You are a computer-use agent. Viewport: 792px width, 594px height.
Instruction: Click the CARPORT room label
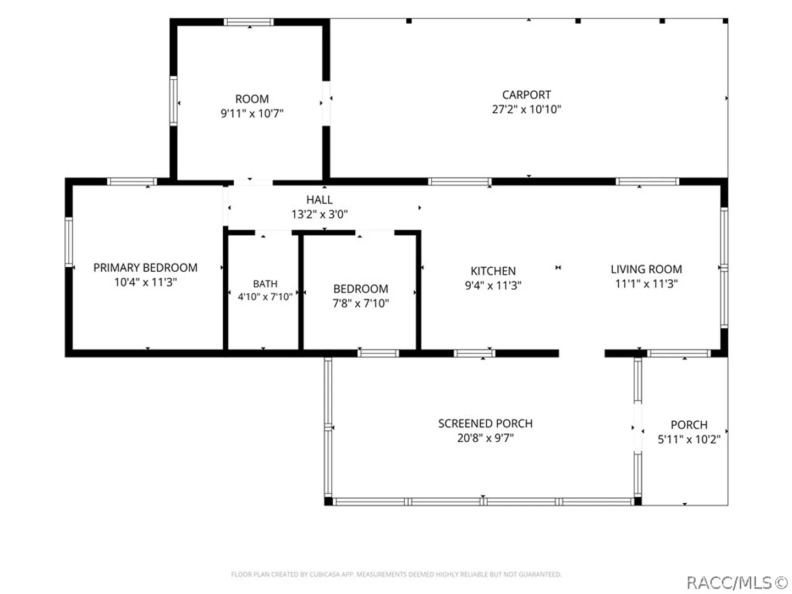click(526, 95)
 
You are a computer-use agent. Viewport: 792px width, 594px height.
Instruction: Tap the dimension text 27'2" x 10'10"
click(526, 109)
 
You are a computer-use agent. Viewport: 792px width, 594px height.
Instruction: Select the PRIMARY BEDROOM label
click(145, 268)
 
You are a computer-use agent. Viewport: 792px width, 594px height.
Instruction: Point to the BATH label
click(265, 284)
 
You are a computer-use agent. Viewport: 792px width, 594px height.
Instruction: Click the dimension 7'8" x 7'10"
click(361, 303)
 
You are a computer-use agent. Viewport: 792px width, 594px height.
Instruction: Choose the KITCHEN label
click(493, 271)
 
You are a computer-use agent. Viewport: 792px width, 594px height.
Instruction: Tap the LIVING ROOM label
click(646, 269)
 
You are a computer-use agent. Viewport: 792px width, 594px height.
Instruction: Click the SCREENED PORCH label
click(485, 424)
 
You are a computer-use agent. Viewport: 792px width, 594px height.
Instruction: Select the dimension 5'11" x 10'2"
click(689, 439)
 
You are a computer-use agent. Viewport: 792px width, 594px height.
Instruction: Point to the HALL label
click(320, 200)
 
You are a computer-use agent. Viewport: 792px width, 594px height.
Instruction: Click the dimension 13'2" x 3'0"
click(320, 215)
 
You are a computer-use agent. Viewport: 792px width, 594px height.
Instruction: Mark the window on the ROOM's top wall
click(249, 22)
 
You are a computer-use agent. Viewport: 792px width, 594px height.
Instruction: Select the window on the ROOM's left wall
click(174, 101)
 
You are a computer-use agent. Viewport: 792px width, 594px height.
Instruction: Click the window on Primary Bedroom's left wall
click(69, 242)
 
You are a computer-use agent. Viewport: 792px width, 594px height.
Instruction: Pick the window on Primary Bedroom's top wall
click(132, 182)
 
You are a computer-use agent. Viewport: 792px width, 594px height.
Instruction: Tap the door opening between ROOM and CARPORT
click(326, 103)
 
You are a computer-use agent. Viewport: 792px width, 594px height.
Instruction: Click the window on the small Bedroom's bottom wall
click(378, 354)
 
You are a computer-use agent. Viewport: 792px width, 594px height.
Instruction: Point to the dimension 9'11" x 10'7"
click(252, 114)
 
